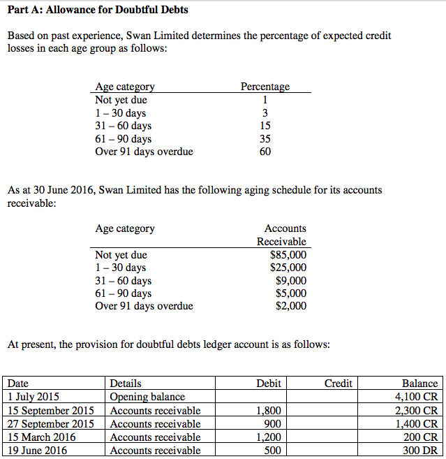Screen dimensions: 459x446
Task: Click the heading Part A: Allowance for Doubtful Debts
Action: (x=97, y=10)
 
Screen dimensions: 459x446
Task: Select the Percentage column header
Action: (x=265, y=87)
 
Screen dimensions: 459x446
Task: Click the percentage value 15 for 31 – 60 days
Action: (x=265, y=126)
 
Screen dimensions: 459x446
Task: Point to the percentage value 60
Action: (x=265, y=152)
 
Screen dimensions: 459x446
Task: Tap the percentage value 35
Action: (x=265, y=139)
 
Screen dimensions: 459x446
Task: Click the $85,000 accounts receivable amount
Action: (x=289, y=255)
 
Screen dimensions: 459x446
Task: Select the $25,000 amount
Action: (x=289, y=268)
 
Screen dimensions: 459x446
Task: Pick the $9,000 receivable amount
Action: (x=291, y=281)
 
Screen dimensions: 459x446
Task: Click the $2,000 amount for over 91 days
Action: (x=291, y=306)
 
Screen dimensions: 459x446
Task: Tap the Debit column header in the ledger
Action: (x=269, y=384)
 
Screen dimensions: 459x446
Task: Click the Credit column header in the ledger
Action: (x=339, y=384)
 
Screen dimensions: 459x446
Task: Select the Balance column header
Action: (x=419, y=384)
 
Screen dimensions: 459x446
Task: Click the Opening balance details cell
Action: (x=147, y=397)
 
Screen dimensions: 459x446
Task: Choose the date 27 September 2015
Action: (x=50, y=424)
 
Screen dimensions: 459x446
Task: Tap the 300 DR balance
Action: (x=420, y=451)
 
